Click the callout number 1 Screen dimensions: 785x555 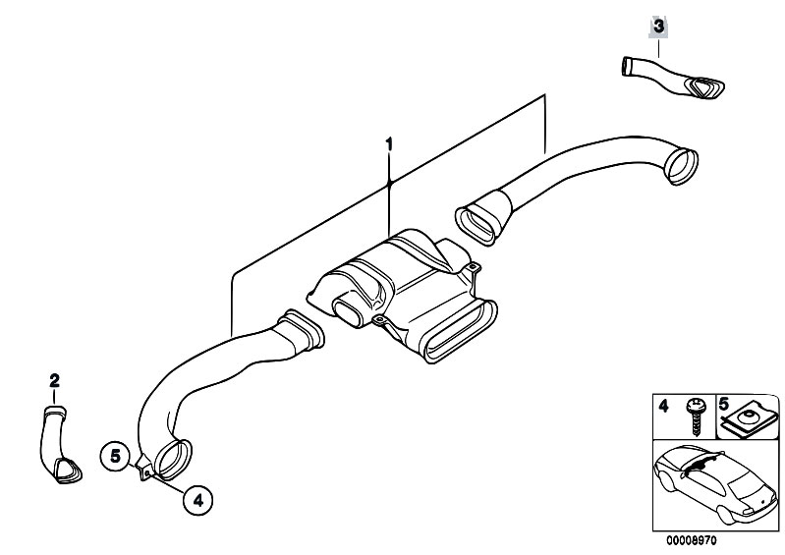click(389, 144)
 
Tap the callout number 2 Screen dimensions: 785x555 click(54, 381)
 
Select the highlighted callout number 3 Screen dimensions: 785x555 click(659, 28)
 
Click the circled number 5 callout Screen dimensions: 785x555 click(116, 457)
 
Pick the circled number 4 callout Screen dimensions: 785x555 click(198, 499)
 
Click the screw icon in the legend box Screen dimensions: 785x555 click(696, 416)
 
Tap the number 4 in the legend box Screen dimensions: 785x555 click(663, 406)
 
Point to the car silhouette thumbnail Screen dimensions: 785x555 click(716, 486)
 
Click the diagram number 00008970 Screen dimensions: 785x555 click(692, 540)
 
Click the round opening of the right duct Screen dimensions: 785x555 click(682, 166)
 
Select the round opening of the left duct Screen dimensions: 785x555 click(173, 460)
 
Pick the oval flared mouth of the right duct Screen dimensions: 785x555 click(479, 220)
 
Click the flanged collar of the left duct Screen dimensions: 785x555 click(302, 329)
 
